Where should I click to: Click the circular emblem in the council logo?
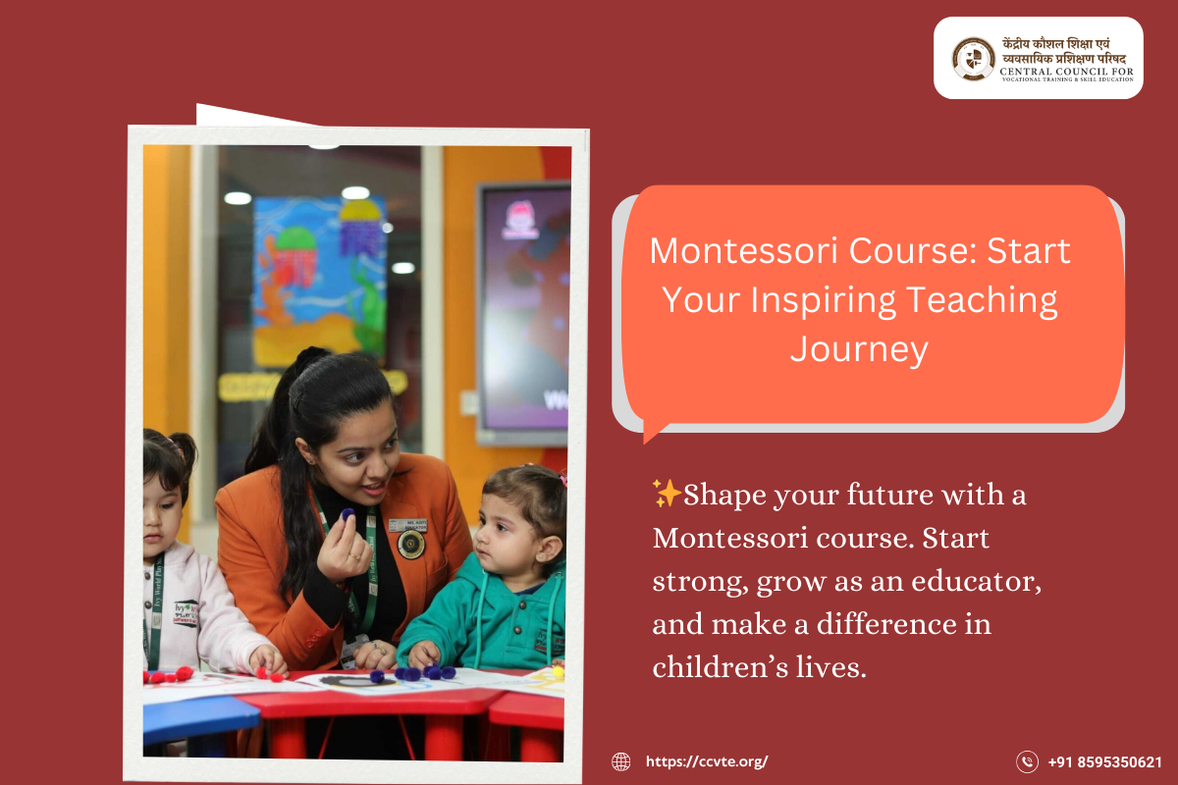(x=974, y=58)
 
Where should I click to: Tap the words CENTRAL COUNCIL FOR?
(x=1066, y=71)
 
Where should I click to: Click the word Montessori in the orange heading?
(x=744, y=251)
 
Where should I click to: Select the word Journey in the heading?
(x=859, y=350)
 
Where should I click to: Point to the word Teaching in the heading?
(x=982, y=300)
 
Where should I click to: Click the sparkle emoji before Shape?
(x=667, y=494)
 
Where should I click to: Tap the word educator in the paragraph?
(x=976, y=582)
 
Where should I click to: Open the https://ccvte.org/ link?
(x=707, y=761)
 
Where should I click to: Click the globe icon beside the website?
(x=620, y=761)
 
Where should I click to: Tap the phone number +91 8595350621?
(x=1105, y=761)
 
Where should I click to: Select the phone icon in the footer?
(x=1027, y=761)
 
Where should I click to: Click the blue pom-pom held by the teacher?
(x=348, y=515)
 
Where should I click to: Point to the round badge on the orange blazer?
(x=410, y=545)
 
